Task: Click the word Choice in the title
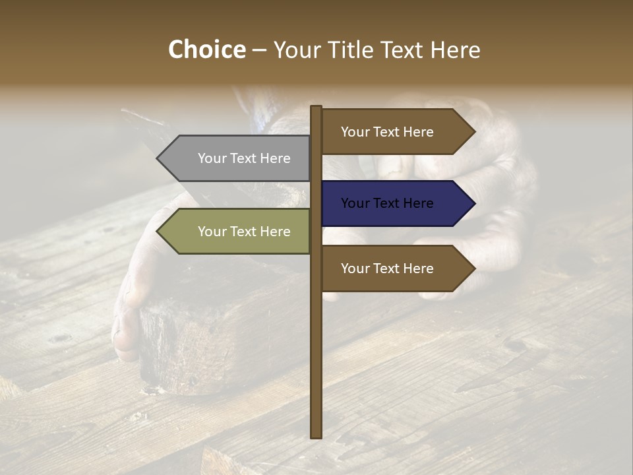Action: click(206, 49)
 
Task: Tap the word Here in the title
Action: click(455, 50)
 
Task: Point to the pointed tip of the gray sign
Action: click(158, 158)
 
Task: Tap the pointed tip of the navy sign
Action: click(474, 203)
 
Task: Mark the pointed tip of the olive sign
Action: click(158, 232)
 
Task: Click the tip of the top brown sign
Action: click(474, 132)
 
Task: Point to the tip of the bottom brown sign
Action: click(474, 269)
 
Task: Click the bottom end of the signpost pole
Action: click(316, 435)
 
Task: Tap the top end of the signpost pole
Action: click(316, 108)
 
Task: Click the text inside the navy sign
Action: click(387, 203)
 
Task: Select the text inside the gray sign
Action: click(244, 158)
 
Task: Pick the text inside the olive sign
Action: click(244, 232)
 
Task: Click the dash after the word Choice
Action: click(259, 50)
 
